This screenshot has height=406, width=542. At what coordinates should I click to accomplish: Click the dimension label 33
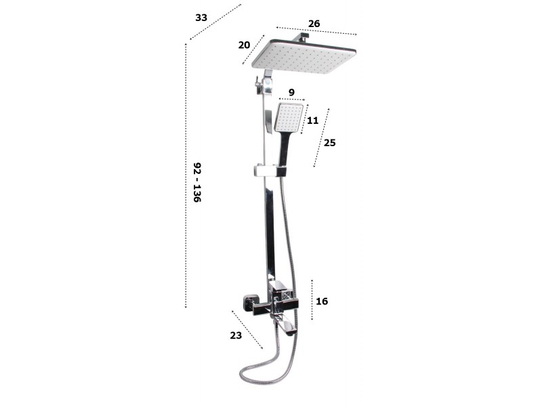click(201, 18)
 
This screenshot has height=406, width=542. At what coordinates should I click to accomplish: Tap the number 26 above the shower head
click(314, 24)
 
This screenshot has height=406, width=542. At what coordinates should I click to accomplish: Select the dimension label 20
click(244, 45)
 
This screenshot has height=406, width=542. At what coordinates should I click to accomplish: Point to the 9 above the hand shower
click(291, 93)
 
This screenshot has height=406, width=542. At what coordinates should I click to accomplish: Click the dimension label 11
click(312, 120)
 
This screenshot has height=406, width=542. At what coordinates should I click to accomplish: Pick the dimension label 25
click(329, 143)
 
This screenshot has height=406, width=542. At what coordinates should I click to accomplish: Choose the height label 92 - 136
click(197, 182)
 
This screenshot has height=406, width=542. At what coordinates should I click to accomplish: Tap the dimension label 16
click(321, 301)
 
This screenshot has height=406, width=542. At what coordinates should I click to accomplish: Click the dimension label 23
click(236, 335)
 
